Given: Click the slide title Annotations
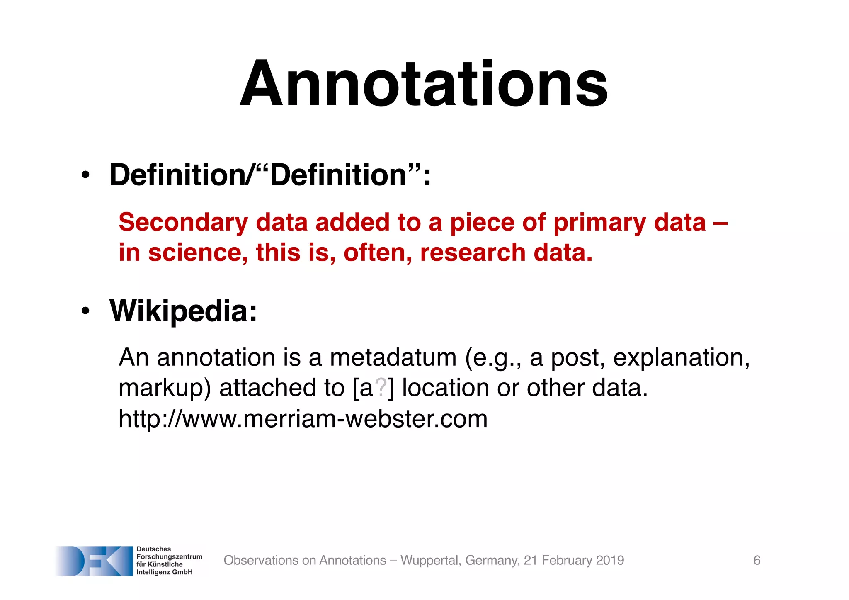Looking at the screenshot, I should (x=424, y=85).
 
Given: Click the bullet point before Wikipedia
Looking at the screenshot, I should (x=85, y=311).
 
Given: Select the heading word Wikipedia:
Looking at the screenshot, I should (x=183, y=311).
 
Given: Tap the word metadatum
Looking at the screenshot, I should (x=393, y=357).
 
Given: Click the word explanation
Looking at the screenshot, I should (x=681, y=357).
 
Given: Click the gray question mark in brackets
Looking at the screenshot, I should (x=381, y=387).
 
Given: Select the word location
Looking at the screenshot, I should (x=445, y=388).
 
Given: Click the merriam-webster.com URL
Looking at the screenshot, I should (x=303, y=419).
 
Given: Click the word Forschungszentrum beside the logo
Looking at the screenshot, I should (x=169, y=557).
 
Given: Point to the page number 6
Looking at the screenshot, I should (x=757, y=560).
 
